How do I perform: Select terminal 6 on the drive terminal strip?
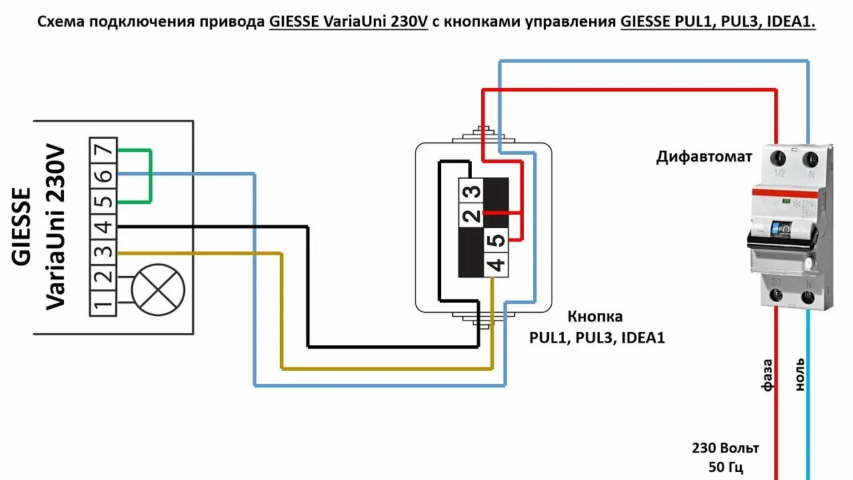[x=103, y=176]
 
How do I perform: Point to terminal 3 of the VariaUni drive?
[x=103, y=253]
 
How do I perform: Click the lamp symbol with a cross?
[x=158, y=290]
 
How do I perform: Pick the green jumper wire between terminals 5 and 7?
[x=151, y=176]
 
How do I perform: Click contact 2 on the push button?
[x=470, y=215]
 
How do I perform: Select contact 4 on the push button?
[x=496, y=265]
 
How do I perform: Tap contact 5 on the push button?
[x=496, y=240]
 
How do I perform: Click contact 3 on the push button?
[x=470, y=191]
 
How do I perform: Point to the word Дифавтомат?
[x=704, y=157]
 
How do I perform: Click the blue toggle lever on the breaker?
[x=777, y=227]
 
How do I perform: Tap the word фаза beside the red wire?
[x=768, y=375]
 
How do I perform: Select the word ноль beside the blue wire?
[x=800, y=375]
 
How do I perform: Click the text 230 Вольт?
[x=725, y=448]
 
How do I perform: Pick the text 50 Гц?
[x=725, y=467]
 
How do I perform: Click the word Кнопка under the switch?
[x=595, y=317]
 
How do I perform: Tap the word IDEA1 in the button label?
[x=642, y=338]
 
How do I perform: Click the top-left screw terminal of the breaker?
[x=778, y=159]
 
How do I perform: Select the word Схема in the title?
[x=59, y=22]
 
